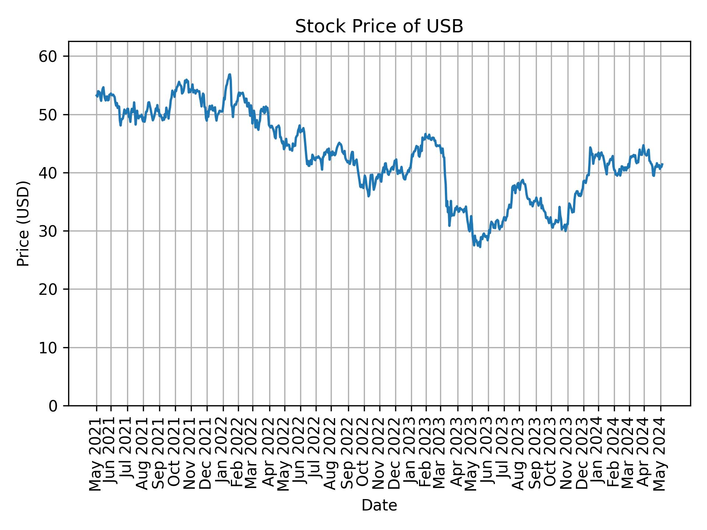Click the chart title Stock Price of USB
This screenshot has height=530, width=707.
[x=379, y=27]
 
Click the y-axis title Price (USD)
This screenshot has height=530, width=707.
[x=23, y=223]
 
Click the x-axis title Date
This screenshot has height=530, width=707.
[x=379, y=505]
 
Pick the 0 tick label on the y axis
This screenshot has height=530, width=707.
[x=54, y=406]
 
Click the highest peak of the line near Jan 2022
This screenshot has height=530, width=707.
[x=230, y=74]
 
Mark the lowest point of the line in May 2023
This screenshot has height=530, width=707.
[x=480, y=247]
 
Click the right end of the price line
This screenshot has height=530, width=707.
[x=662, y=164]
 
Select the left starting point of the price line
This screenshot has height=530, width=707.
[x=96, y=95]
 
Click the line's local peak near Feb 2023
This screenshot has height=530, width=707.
[x=425, y=134]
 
